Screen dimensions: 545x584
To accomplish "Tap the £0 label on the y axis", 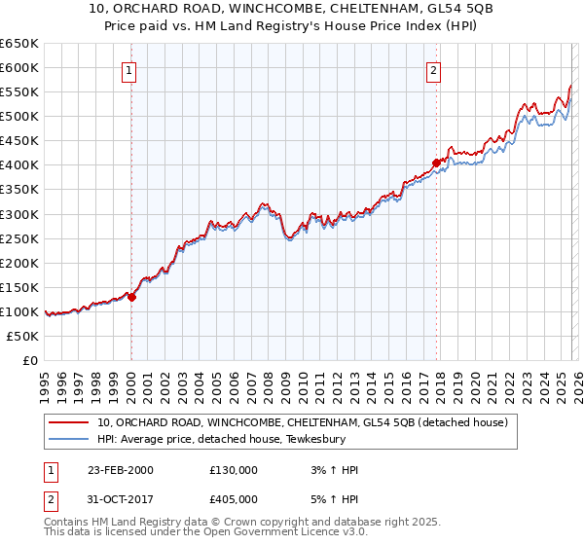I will (x=29, y=360).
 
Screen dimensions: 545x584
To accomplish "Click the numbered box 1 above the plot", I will (x=129, y=69).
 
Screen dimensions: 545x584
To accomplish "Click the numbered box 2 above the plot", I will (x=433, y=69).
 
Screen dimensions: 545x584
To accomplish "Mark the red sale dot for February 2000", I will (x=132, y=298).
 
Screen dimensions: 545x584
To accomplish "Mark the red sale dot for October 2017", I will (x=436, y=163).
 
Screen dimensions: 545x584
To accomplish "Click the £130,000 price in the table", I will (x=234, y=470).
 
